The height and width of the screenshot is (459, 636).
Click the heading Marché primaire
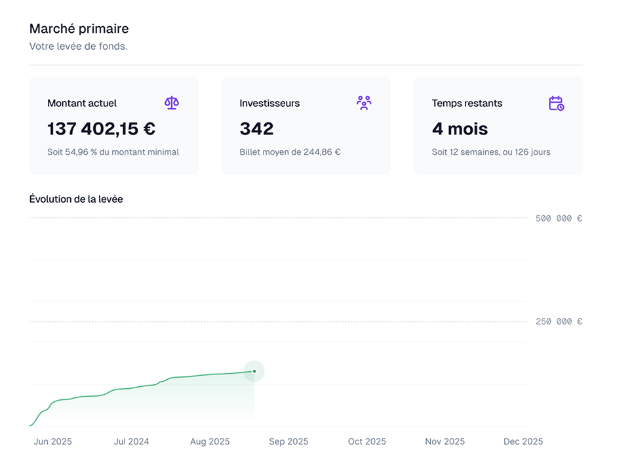(79, 29)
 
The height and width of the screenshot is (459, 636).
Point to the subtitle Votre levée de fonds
(78, 47)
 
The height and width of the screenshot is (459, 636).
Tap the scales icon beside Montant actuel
(172, 103)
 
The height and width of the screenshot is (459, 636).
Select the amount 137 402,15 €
(101, 129)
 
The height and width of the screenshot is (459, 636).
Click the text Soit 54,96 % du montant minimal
(113, 152)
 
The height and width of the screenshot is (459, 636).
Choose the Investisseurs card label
(269, 103)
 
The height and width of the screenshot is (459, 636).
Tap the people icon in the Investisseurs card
(364, 103)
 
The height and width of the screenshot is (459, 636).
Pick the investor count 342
(256, 129)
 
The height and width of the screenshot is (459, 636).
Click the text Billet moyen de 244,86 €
(290, 152)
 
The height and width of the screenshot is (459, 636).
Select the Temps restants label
(467, 103)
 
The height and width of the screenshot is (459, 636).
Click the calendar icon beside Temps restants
(556, 103)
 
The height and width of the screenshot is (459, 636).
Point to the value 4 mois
(460, 129)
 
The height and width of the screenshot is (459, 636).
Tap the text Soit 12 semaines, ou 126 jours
(491, 152)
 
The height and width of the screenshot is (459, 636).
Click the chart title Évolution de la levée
(76, 199)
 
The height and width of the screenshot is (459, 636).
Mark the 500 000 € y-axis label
(559, 218)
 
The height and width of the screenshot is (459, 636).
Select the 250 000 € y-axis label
(559, 322)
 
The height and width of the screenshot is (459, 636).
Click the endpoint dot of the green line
(254, 371)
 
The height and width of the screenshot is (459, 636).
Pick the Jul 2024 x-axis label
(131, 441)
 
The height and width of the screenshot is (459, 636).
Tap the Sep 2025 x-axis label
(288, 441)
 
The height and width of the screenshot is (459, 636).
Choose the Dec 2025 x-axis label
(523, 441)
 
